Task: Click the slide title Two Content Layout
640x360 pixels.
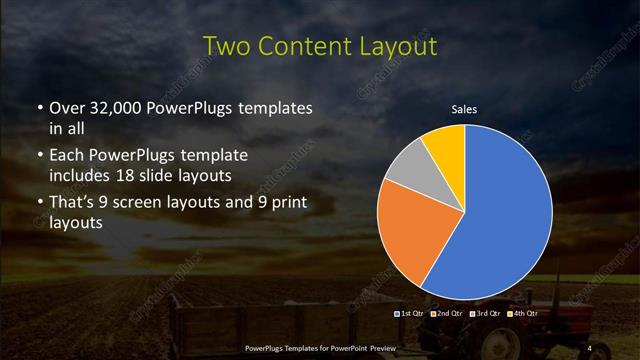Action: (x=319, y=46)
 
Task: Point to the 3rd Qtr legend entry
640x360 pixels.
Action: (x=487, y=314)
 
